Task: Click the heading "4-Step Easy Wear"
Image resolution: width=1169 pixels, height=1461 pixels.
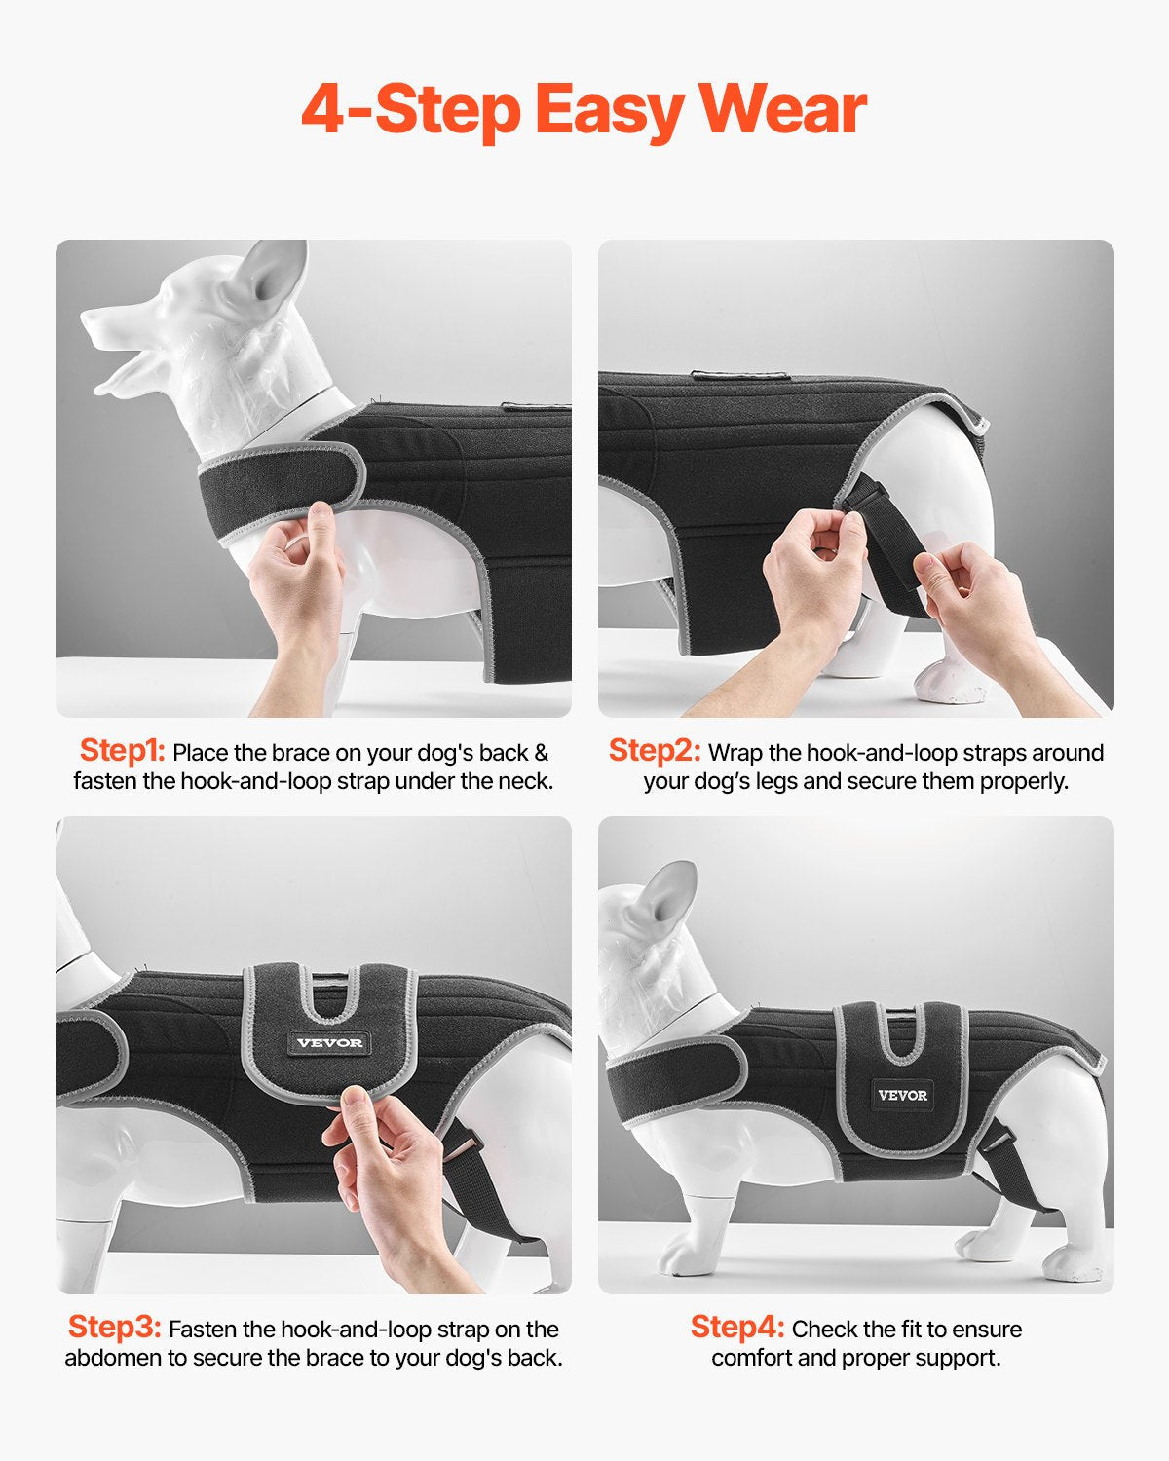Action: tap(584, 109)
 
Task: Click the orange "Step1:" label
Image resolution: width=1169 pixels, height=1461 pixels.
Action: tap(122, 751)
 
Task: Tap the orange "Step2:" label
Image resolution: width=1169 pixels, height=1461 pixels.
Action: tap(654, 751)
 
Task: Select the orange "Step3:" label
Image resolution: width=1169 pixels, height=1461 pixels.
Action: tap(113, 1328)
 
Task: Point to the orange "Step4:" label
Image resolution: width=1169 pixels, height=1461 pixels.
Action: tap(736, 1328)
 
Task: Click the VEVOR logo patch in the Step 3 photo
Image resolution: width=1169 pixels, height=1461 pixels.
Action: tap(329, 1042)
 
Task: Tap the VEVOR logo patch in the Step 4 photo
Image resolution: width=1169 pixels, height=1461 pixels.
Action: tap(903, 1095)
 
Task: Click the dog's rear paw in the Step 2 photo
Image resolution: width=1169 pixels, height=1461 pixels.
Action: tap(950, 682)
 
